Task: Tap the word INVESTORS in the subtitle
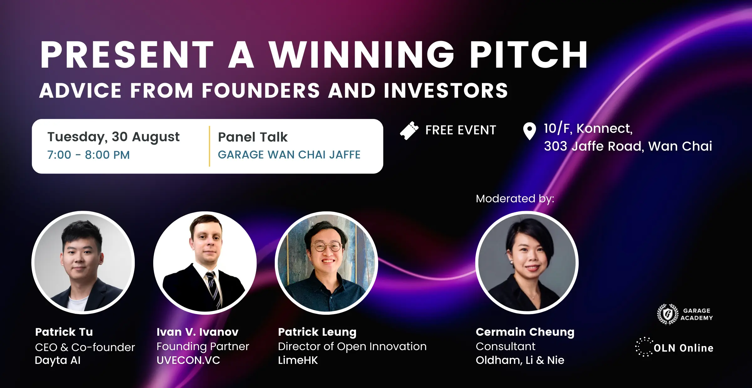point(446,91)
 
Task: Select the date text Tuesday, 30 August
point(113,137)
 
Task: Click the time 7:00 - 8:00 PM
point(88,155)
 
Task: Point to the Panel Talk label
point(253,137)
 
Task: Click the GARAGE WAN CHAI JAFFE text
point(289,155)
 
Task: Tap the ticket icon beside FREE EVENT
point(409,131)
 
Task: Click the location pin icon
point(530,131)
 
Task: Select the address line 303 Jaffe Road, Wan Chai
point(628,146)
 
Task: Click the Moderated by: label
point(515,199)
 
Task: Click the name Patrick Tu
point(64,332)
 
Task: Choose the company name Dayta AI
point(58,360)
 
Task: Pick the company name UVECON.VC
point(188,360)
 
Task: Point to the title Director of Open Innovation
point(352,346)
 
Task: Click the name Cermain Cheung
point(525,332)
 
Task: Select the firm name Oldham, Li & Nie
point(520,360)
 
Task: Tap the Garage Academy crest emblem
point(668,314)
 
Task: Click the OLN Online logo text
point(684,348)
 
